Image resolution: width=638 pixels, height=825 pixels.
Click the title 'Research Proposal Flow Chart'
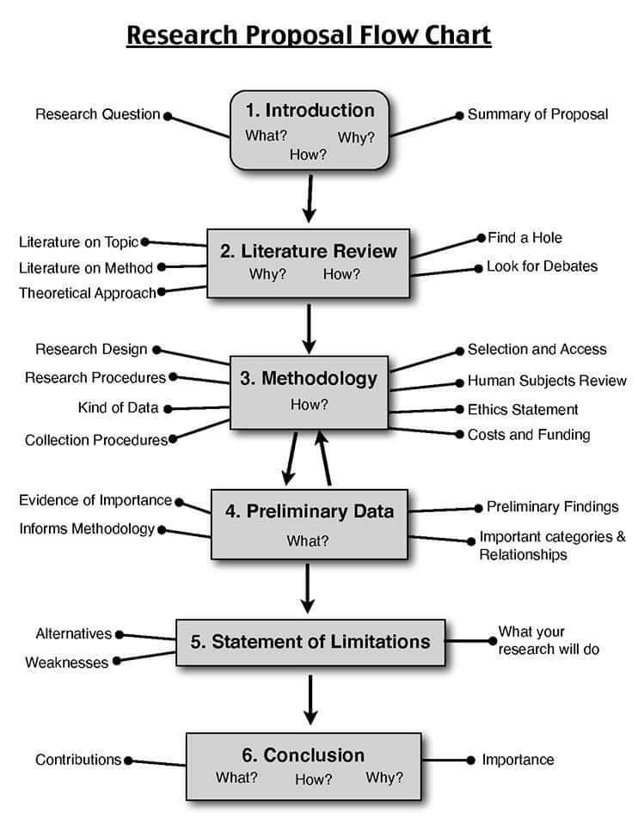point(309,36)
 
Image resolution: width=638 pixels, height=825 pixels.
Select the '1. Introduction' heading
point(310,110)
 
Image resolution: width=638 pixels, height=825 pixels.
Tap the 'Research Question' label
point(98,114)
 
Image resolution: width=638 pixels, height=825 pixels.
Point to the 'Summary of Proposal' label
point(537,114)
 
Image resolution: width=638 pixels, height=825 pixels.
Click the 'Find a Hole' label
point(525,237)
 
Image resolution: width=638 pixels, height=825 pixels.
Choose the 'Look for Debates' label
point(542,266)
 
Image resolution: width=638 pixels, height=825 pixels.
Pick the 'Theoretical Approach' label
point(88,293)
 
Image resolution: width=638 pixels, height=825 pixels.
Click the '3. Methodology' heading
point(308,378)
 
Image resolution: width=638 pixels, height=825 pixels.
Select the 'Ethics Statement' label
point(523,409)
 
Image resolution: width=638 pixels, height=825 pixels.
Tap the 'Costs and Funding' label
point(529,435)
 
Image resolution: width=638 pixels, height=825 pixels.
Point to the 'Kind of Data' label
point(118,407)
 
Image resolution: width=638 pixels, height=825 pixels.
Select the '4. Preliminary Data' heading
point(310,511)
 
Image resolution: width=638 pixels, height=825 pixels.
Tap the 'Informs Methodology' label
point(87,529)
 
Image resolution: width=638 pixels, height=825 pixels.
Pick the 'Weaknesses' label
point(67,663)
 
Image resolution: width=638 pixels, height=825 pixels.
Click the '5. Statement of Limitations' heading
point(310,641)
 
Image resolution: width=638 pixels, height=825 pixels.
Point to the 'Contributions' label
point(78,760)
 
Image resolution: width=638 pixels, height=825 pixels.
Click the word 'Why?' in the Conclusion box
point(384,778)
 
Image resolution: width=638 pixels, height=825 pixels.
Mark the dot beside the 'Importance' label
point(470,760)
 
